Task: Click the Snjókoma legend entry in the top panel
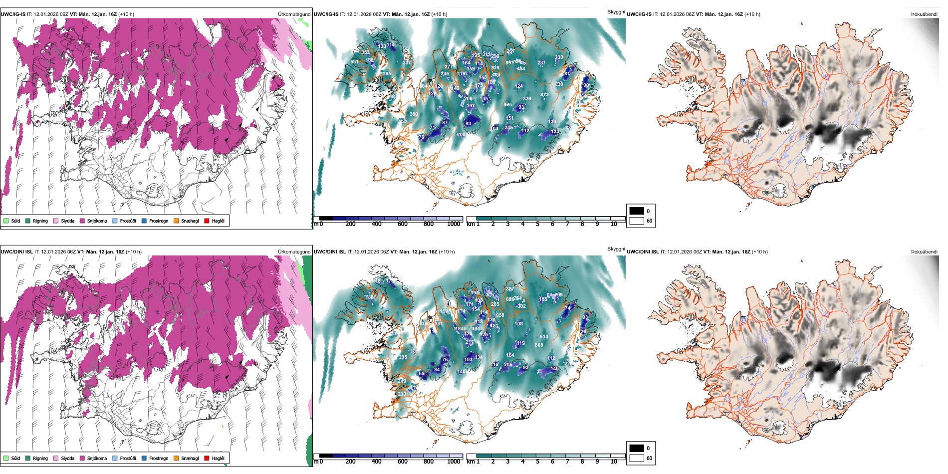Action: tap(97, 221)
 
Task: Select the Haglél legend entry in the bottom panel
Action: tap(218, 459)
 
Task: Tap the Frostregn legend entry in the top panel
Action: tap(158, 221)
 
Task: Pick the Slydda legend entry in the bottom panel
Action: tap(67, 459)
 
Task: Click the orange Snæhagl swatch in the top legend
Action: tap(177, 221)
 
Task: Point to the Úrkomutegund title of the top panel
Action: tap(294, 14)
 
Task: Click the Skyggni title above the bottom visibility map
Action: tap(616, 249)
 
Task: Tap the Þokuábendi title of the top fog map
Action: tap(924, 14)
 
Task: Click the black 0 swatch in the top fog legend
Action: tap(637, 211)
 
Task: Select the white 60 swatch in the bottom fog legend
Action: tap(637, 458)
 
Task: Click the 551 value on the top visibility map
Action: tap(354, 62)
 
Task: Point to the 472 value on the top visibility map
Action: tap(544, 95)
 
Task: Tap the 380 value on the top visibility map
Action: tap(414, 114)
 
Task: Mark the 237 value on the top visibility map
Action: tap(541, 63)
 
